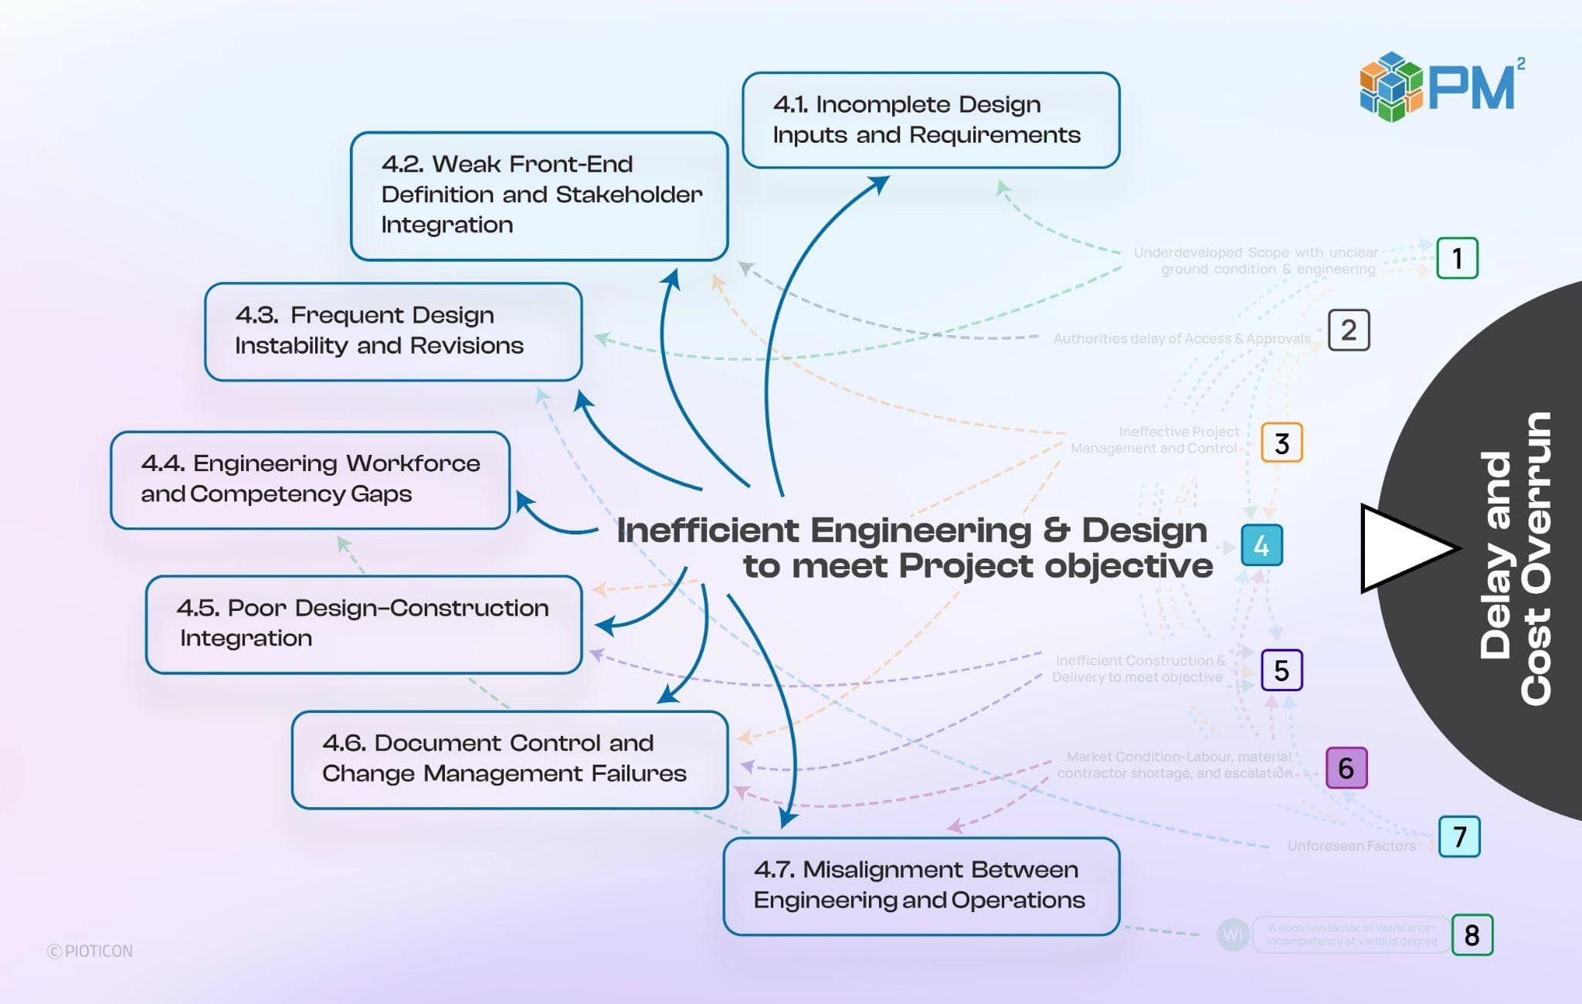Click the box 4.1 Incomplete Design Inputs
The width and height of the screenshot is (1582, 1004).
point(931,120)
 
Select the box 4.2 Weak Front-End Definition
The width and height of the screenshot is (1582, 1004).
point(539,195)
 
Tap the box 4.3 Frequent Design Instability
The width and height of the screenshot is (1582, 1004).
point(393,331)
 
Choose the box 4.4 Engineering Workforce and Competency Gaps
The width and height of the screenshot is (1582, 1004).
point(310,480)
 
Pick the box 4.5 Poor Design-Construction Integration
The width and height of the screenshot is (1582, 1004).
point(363,624)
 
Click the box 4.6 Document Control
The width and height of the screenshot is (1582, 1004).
point(510,759)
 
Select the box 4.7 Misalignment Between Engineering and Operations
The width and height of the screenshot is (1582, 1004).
point(921,886)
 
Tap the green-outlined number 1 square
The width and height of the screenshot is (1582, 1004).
point(1457,258)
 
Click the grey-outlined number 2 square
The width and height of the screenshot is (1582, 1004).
point(1349,331)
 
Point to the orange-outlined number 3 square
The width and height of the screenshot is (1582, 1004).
point(1282,443)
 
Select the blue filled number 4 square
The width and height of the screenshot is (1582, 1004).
point(1261,546)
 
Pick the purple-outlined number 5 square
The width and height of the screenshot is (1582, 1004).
point(1282,670)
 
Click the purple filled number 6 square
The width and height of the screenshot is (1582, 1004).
point(1346,768)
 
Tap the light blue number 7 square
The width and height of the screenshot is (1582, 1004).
point(1459,836)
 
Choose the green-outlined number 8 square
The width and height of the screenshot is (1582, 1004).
point(1472,935)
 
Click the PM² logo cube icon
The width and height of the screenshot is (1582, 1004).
point(1390,86)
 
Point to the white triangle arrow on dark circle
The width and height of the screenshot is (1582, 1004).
point(1402,548)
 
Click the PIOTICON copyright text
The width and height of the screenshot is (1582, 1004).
point(90,951)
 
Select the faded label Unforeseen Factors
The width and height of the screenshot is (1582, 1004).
point(1351,846)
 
